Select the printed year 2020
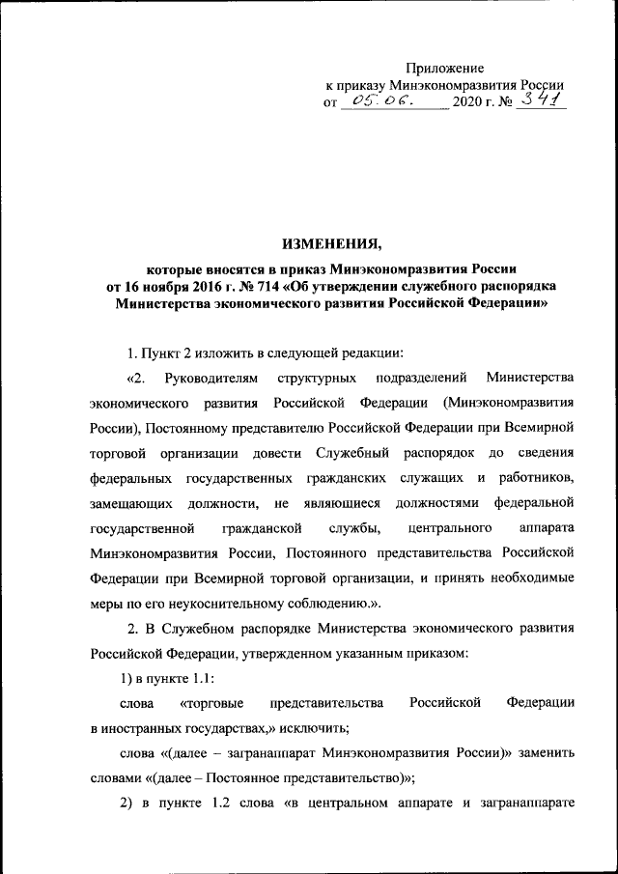point(470,101)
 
